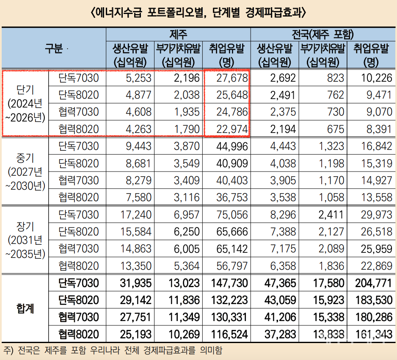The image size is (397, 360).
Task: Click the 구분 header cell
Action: pyautogui.click(x=54, y=48)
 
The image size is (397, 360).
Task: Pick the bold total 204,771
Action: pyautogui.click(x=373, y=282)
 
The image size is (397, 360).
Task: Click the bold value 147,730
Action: pyautogui.click(x=229, y=282)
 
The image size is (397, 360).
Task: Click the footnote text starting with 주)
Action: pyautogui.click(x=112, y=351)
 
